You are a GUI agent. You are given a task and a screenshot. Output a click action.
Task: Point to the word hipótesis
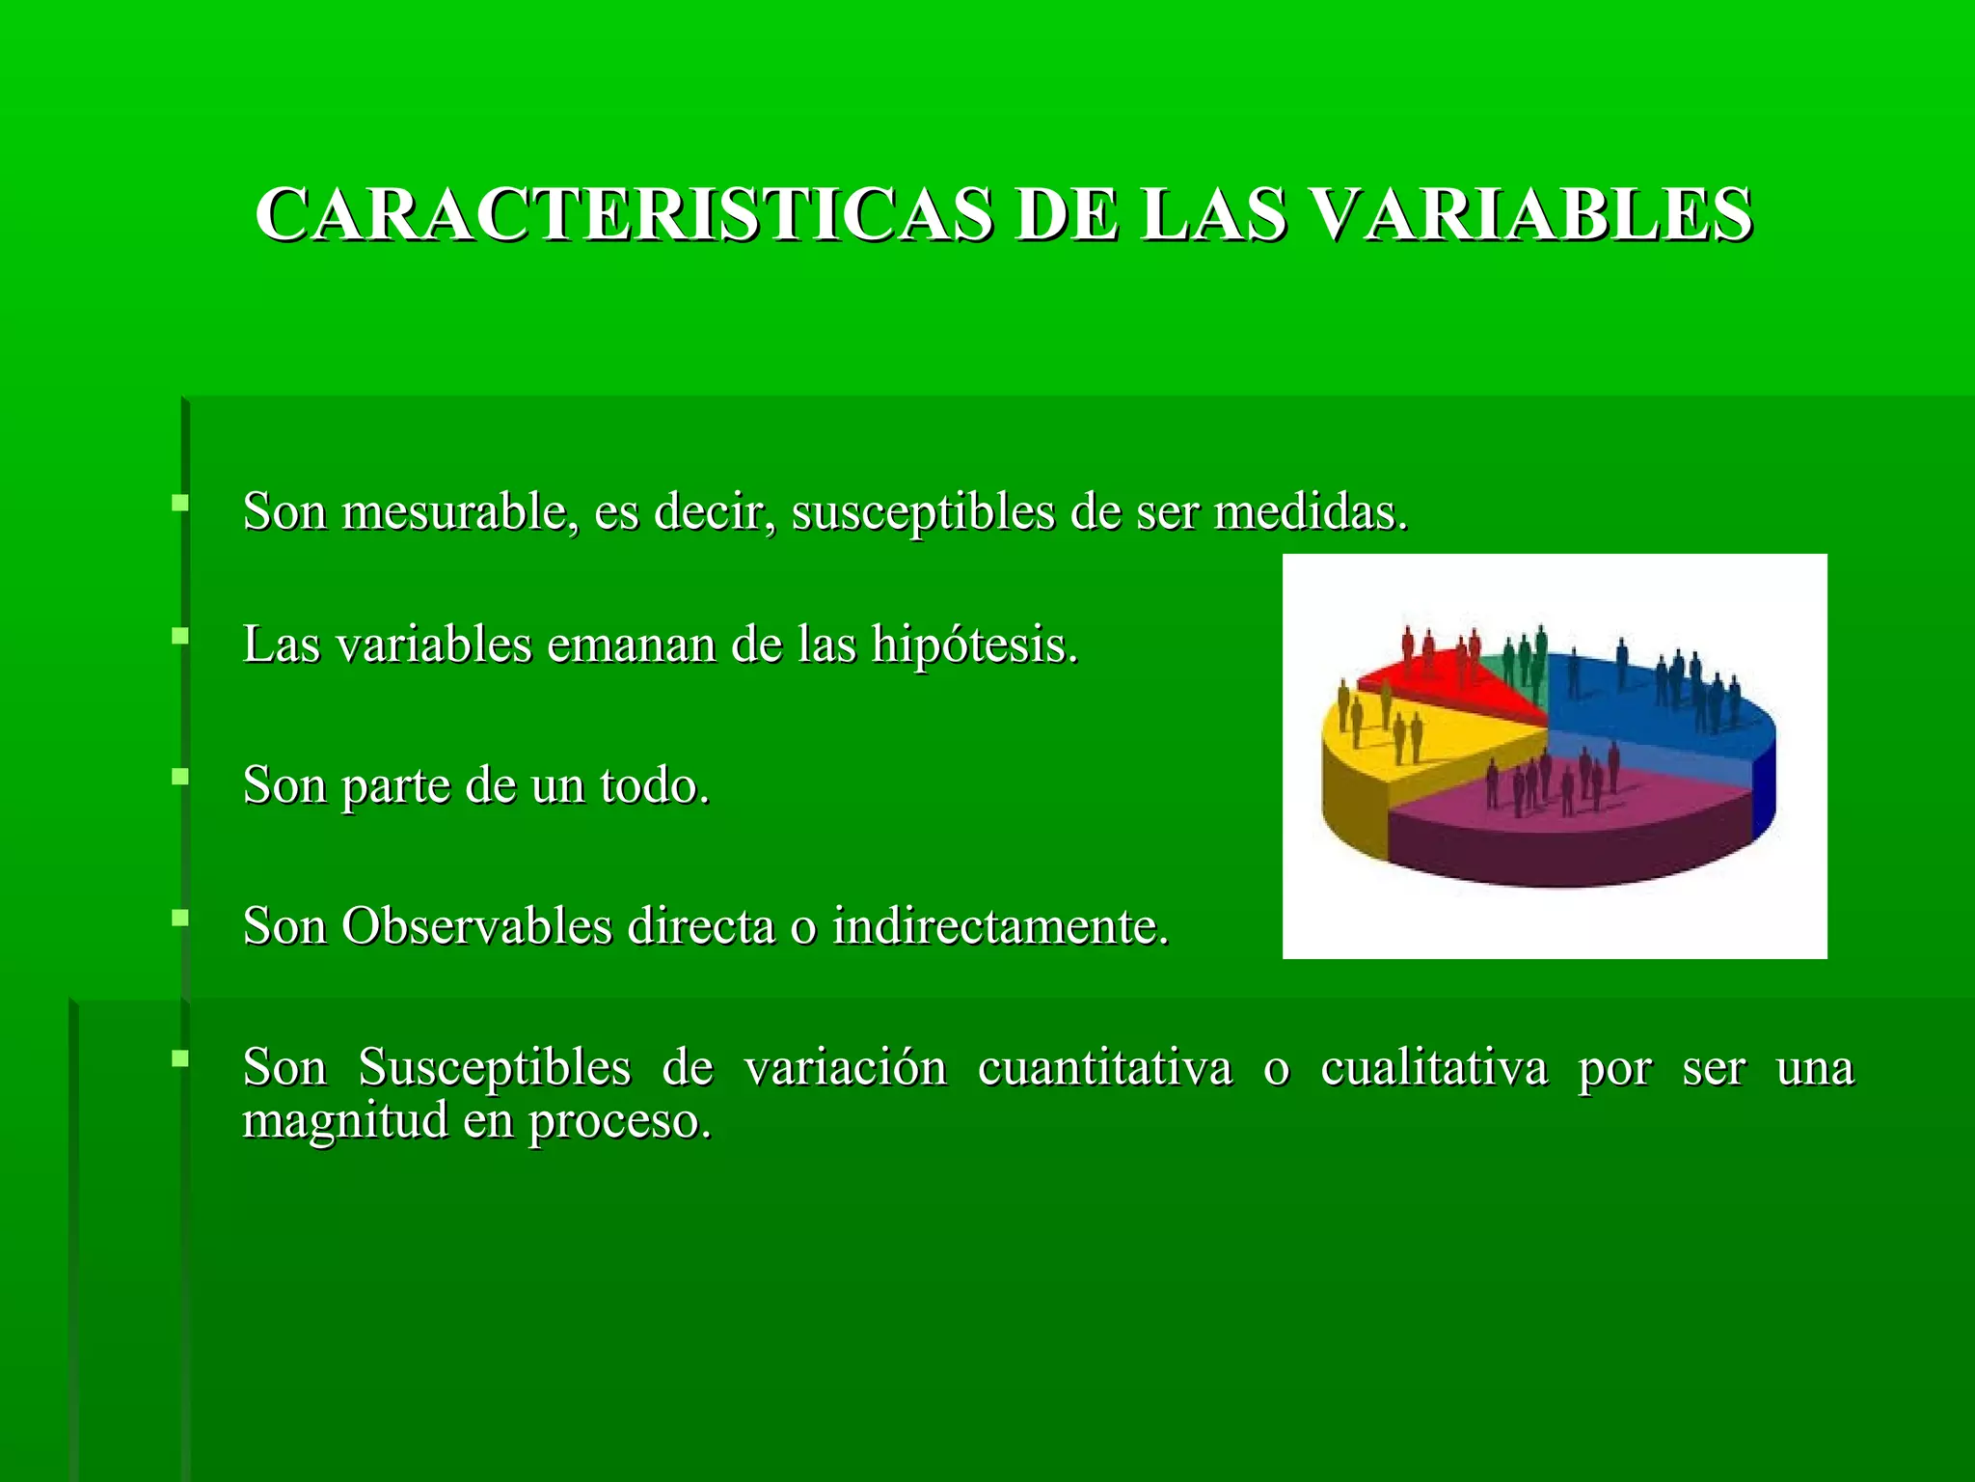[x=974, y=645]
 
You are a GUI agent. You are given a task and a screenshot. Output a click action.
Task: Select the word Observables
[x=476, y=926]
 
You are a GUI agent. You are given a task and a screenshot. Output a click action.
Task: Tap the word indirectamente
[x=1000, y=926]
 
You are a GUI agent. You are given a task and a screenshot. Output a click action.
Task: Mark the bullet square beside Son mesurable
[x=179, y=503]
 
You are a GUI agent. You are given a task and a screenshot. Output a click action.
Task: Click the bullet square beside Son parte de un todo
[x=179, y=777]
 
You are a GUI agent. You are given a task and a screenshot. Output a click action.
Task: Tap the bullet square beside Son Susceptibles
[x=179, y=1059]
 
